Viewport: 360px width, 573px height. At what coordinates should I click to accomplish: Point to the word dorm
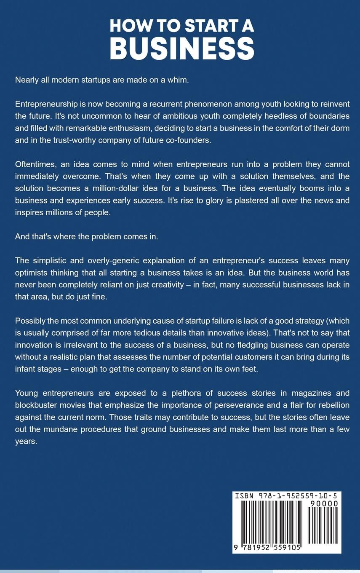point(340,128)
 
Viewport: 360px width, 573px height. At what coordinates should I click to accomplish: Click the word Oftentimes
point(37,164)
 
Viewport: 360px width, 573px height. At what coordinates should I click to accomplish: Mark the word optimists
point(32,273)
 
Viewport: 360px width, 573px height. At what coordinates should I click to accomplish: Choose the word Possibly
point(30,321)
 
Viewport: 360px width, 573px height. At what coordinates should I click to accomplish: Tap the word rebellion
point(331,405)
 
